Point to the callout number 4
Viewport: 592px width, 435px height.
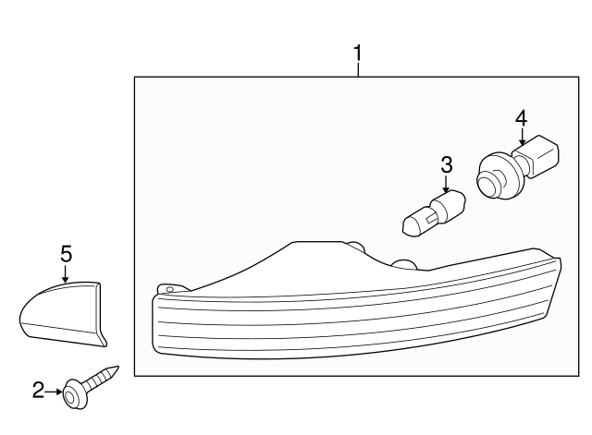(x=521, y=117)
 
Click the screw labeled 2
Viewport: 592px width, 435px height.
(x=87, y=385)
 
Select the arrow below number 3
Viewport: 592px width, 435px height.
(x=447, y=185)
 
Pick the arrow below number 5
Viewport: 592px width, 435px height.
(x=66, y=272)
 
